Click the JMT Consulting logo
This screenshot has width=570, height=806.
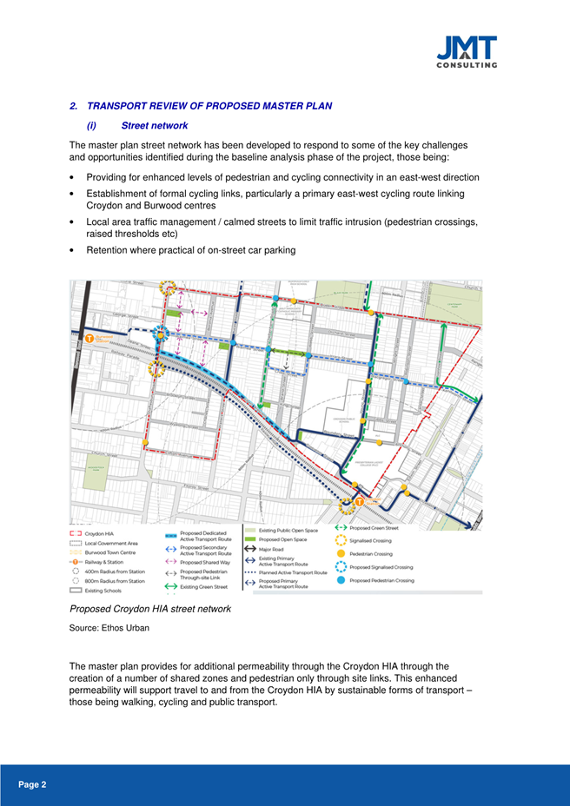point(467,51)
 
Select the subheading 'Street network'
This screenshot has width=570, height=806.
point(155,126)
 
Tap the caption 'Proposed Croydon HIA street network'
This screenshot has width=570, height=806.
point(149,609)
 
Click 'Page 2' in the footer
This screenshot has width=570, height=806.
point(32,784)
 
